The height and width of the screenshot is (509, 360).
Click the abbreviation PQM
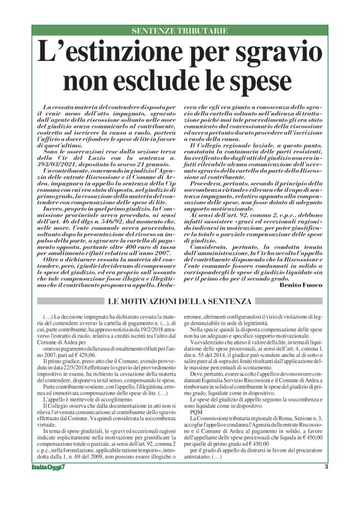[196, 421]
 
